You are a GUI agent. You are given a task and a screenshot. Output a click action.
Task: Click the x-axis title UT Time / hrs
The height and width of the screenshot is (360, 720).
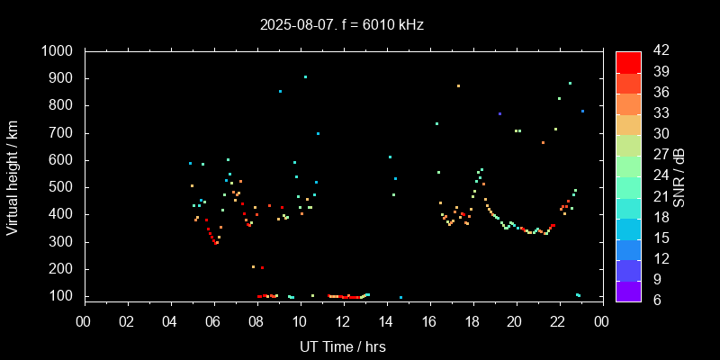tap(342, 346)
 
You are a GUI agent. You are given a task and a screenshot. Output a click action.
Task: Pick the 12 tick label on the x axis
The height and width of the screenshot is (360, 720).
tap(343, 320)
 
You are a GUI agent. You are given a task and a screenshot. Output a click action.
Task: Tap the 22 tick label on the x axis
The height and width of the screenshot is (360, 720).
tap(559, 320)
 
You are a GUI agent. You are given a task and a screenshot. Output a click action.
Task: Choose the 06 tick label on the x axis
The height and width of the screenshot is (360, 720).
tap(213, 320)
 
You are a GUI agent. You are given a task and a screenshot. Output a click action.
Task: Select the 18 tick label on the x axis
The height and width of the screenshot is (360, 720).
tap(472, 320)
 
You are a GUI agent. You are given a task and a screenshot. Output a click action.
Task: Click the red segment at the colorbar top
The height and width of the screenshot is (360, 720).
tap(628, 61)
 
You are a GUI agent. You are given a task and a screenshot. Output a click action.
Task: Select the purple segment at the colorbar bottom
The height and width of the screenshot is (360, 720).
tap(628, 291)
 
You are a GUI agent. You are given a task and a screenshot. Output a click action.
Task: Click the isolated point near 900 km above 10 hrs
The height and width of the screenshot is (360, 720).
tap(305, 77)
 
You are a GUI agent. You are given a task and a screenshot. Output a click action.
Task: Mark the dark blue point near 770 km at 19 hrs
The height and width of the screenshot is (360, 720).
tap(499, 113)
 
